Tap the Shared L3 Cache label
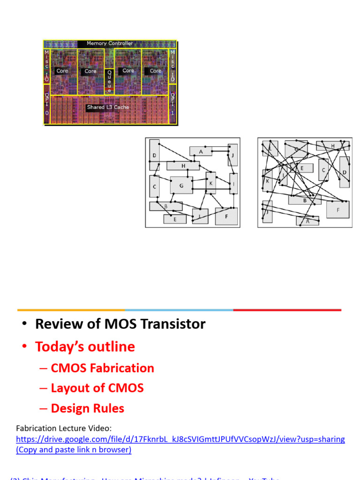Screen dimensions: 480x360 (107, 107)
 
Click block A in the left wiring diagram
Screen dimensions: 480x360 (201, 151)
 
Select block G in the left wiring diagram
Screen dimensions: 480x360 (181, 185)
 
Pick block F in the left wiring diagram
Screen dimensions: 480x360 (227, 216)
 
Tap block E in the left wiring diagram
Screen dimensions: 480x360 (175, 219)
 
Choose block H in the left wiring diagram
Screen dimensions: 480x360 (183, 165)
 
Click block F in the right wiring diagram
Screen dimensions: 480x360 (338, 210)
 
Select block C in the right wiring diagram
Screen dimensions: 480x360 (323, 170)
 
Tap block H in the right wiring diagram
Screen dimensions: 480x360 (332, 146)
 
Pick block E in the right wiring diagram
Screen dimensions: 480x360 (302, 168)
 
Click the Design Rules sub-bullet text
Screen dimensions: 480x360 (87, 408)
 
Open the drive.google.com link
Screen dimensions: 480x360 (180, 440)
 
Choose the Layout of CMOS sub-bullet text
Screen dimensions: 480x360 (97, 388)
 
